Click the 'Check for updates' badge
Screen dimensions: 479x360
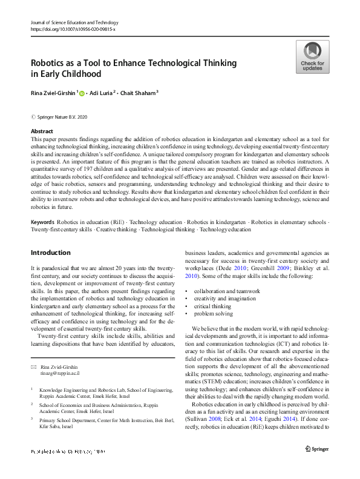[x=312, y=57]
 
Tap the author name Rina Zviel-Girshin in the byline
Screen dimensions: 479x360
[x=53, y=93]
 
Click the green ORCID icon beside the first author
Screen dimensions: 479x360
[x=82, y=93]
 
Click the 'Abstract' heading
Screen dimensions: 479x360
[x=42, y=131]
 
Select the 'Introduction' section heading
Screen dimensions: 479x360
[x=50, y=252]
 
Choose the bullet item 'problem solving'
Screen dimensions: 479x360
[x=214, y=314]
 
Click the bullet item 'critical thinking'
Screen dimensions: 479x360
[x=214, y=306]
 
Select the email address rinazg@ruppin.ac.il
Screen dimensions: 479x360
[x=60, y=374]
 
